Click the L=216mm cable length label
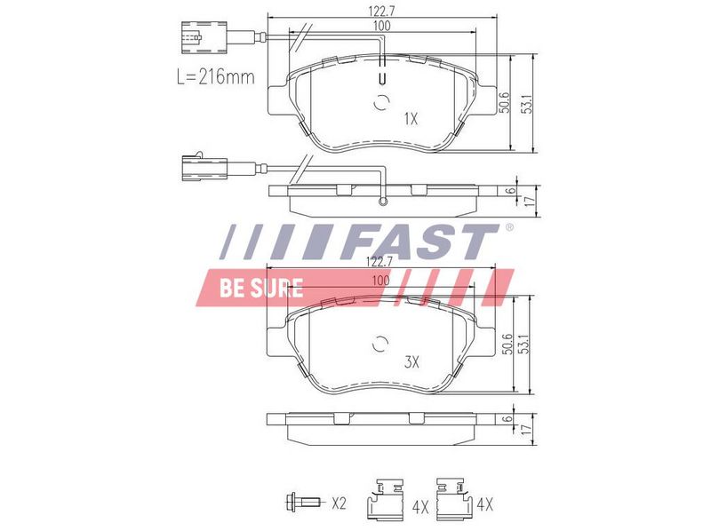[x=215, y=77]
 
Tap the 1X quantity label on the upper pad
[x=411, y=119]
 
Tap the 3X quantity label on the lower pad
[x=411, y=362]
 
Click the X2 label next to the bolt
[x=339, y=503]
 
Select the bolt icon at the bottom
[x=302, y=502]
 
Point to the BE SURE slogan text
[x=261, y=288]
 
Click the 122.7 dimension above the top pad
[x=382, y=12]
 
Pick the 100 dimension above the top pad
[x=381, y=26]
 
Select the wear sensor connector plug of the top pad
[x=204, y=37]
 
